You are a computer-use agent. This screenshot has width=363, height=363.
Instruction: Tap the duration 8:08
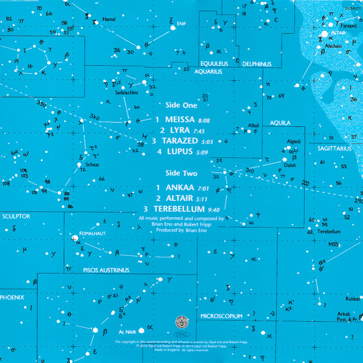(203, 121)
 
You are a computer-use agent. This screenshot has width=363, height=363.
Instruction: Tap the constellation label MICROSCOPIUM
(221, 316)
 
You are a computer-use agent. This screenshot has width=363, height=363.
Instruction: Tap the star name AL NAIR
(127, 330)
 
